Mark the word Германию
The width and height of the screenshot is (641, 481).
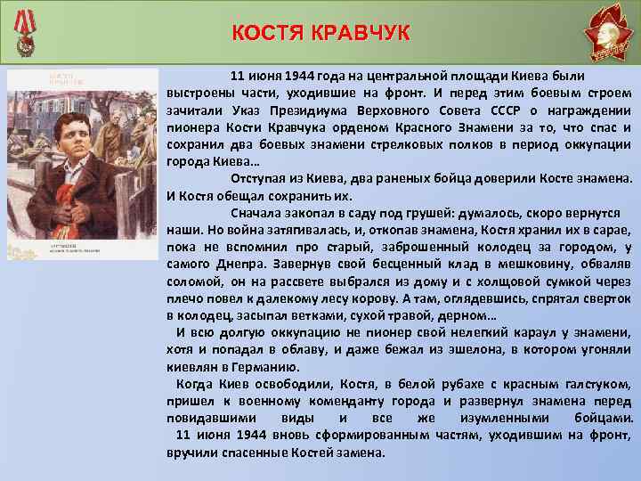coord(269,365)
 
